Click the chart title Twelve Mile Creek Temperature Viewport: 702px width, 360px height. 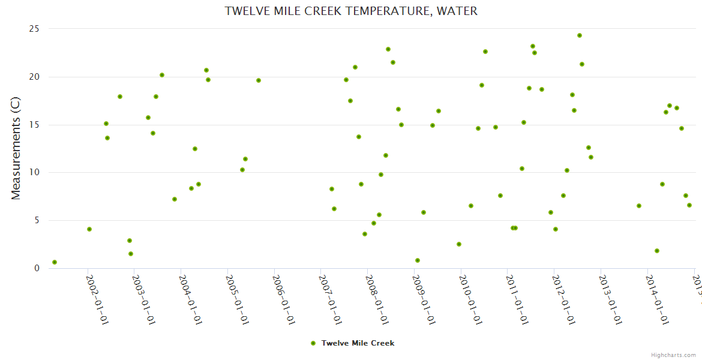click(351, 11)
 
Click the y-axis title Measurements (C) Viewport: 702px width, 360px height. click(16, 148)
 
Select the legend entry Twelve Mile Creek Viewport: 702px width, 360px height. click(358, 343)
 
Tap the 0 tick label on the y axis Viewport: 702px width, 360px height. click(37, 268)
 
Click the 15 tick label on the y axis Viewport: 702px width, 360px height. click(35, 125)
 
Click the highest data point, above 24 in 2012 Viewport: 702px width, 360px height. click(580, 35)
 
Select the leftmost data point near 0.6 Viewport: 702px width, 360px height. click(55, 262)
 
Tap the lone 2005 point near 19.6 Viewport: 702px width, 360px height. click(259, 80)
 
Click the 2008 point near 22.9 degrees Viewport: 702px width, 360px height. click(388, 49)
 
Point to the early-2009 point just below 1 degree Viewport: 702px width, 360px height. click(418, 260)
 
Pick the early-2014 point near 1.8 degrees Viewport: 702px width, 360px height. click(657, 251)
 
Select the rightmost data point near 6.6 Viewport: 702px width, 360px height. click(689, 205)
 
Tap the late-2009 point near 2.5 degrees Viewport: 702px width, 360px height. click(459, 244)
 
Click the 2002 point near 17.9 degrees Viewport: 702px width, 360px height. click(120, 97)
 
